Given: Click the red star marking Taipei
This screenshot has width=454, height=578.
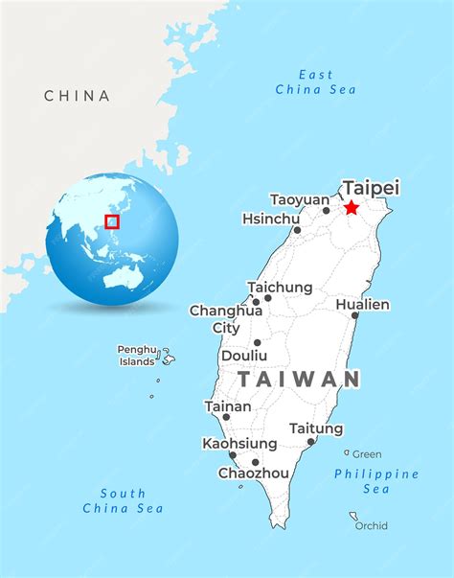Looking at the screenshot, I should [352, 207].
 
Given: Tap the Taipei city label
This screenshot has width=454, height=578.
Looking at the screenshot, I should [371, 188].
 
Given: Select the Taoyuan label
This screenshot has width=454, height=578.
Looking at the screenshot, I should [300, 199].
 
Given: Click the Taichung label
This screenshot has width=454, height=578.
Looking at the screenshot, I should [280, 288].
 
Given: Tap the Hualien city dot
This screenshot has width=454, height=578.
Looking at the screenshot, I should [354, 315].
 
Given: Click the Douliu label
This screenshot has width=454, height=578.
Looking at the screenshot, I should [244, 355].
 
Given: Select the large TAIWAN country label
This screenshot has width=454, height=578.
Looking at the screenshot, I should [299, 379].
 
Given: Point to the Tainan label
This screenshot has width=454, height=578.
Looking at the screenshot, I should [228, 406].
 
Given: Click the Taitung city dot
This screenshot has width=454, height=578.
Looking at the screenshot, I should [311, 442].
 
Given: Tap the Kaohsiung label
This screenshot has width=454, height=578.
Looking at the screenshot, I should [239, 444].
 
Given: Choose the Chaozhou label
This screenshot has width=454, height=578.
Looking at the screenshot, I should [254, 473].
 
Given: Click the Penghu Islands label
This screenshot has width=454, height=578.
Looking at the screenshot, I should [137, 356].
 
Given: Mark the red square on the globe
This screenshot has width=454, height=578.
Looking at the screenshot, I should [112, 221].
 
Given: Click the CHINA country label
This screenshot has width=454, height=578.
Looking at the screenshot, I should [77, 96].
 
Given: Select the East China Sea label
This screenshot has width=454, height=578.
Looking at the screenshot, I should [316, 81].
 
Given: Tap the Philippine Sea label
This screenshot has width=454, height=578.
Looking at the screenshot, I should [376, 481].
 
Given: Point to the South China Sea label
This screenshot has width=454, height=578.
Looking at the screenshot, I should [123, 500].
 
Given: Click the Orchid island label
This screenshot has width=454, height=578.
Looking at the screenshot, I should [372, 525].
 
